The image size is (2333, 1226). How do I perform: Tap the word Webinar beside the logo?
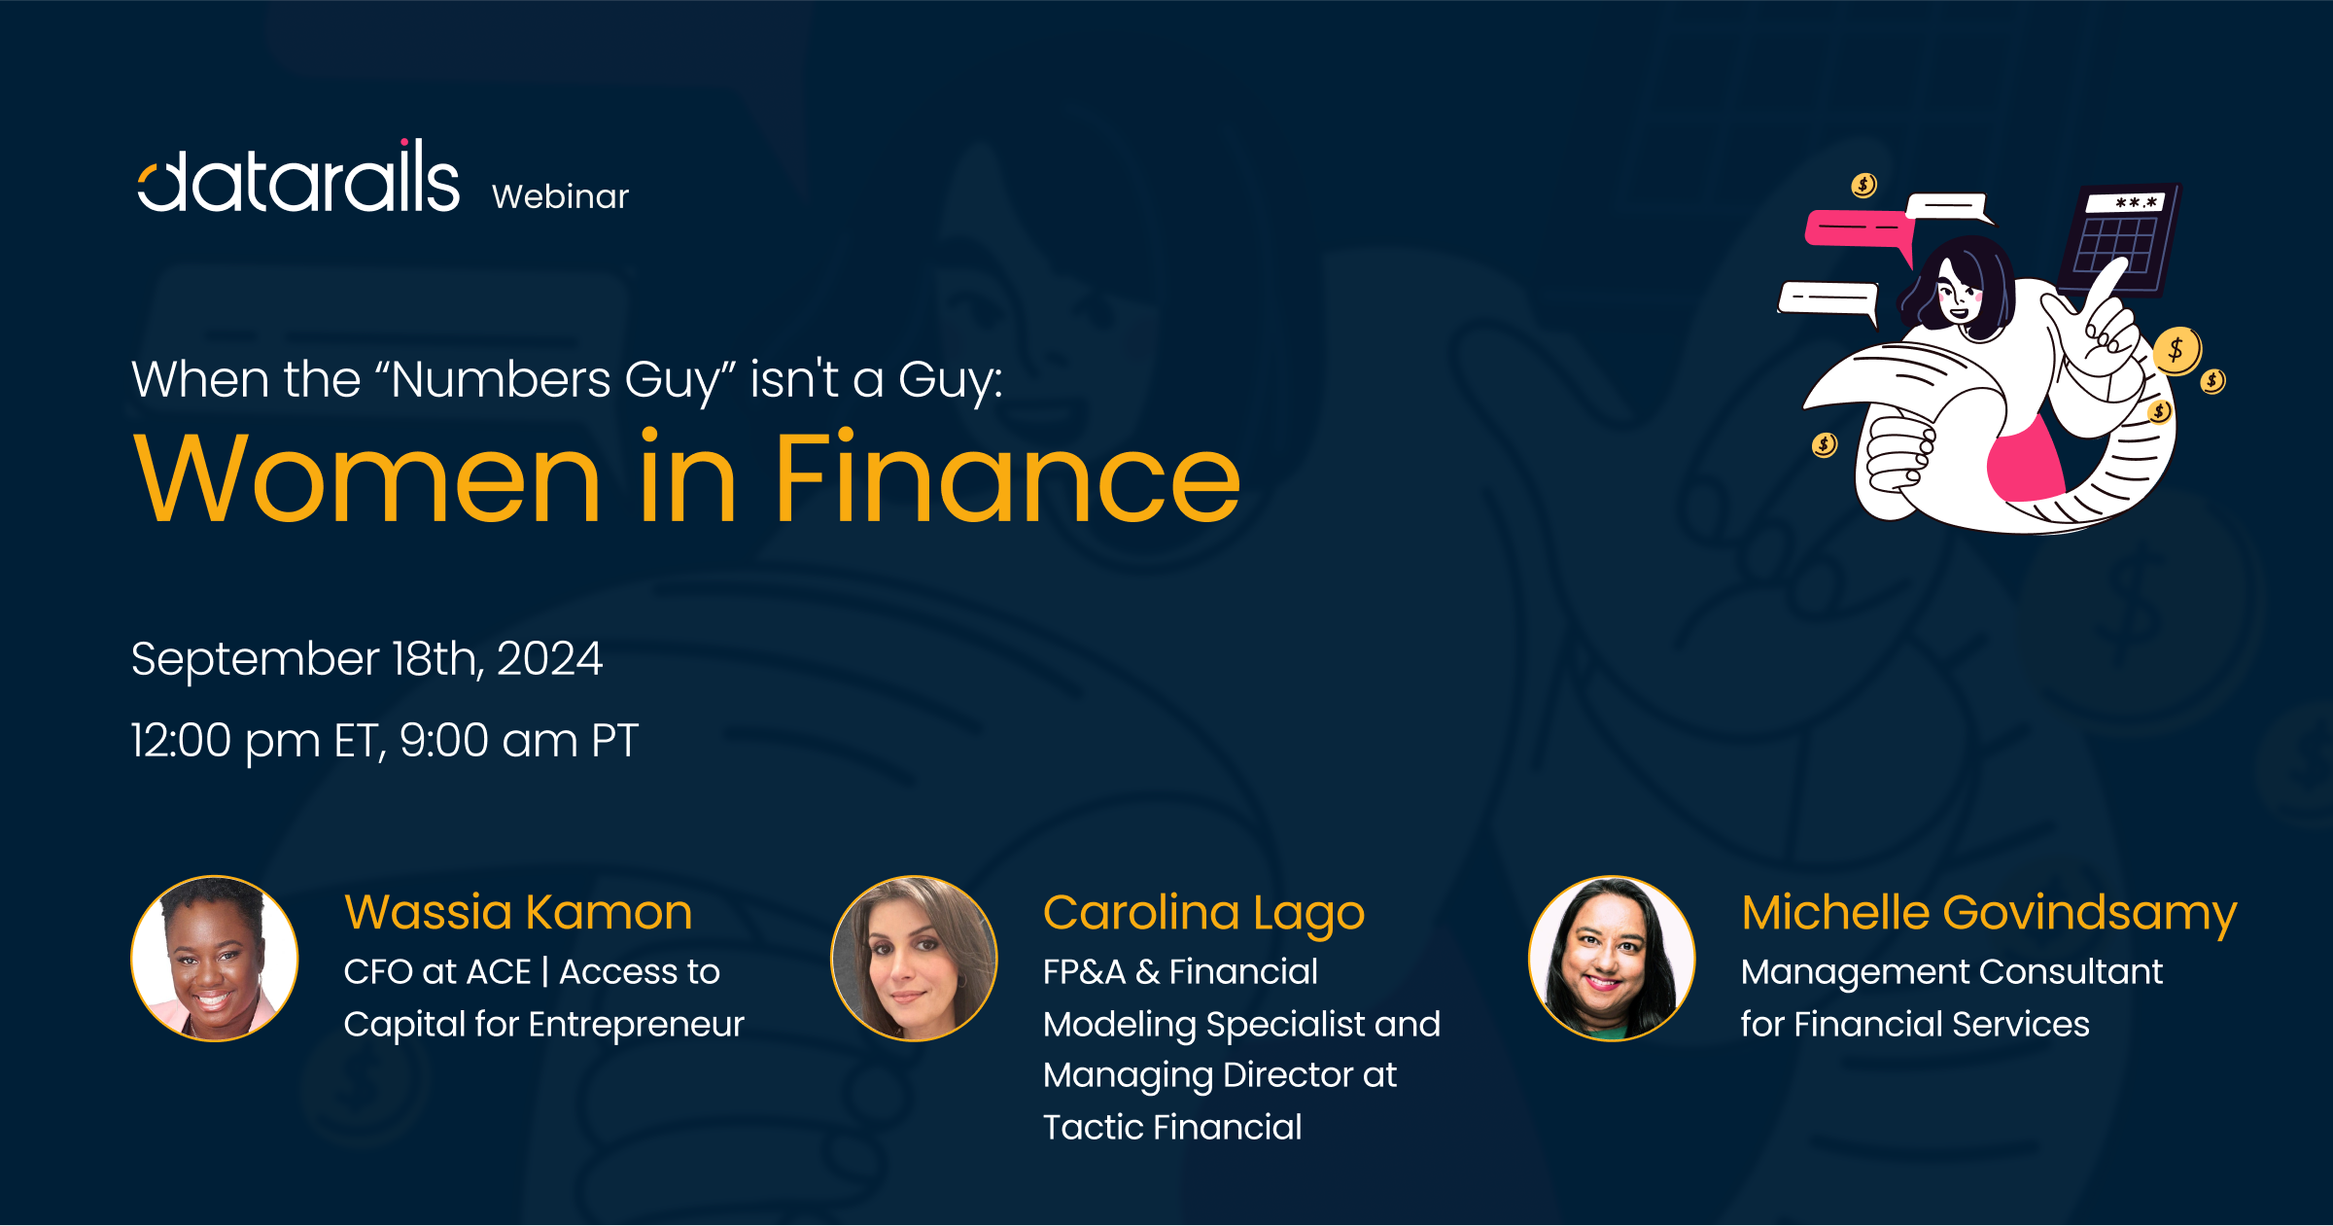coord(561,196)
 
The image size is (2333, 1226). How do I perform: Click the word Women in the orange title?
coord(367,478)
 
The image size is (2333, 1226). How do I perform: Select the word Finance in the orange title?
coord(1008,478)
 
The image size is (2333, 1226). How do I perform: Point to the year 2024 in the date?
coord(550,659)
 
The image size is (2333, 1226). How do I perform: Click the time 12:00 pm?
coord(226,742)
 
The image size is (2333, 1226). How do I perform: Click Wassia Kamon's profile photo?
coord(215,959)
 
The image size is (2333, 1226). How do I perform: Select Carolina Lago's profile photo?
coord(914,959)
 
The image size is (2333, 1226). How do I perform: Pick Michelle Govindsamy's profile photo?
coord(1612,959)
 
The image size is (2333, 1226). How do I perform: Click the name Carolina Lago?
coord(1204,914)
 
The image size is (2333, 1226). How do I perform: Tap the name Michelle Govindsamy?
coord(1989,914)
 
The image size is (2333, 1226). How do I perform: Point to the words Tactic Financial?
coord(1172,1128)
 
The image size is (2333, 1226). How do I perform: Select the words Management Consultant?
coord(1952,972)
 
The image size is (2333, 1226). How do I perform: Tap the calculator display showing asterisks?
coord(2135,202)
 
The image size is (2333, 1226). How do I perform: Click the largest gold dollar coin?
coord(2177,350)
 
